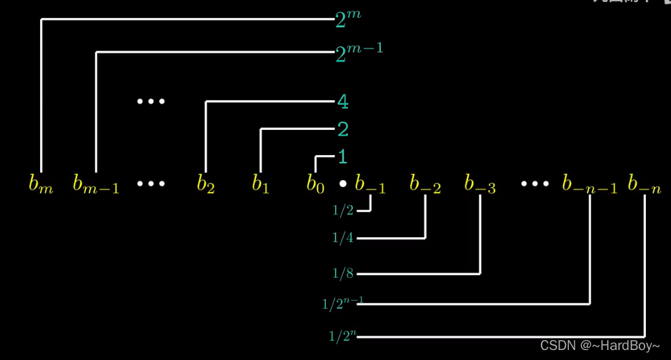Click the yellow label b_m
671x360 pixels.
click(x=41, y=184)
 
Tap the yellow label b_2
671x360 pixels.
click(x=206, y=184)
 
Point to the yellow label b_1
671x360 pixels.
click(x=260, y=184)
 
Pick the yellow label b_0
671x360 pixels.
click(x=315, y=184)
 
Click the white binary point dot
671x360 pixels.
click(x=343, y=184)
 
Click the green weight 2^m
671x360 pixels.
click(x=348, y=19)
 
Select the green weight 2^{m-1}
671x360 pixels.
click(x=359, y=51)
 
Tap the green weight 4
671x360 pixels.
click(x=343, y=102)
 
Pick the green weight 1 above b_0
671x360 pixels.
click(x=342, y=156)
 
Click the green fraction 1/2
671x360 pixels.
click(x=343, y=211)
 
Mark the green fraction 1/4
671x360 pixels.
click(x=343, y=238)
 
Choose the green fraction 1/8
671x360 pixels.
click(x=343, y=273)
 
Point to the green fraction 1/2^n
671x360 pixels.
click(x=342, y=336)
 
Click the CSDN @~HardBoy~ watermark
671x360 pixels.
click(x=600, y=346)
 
